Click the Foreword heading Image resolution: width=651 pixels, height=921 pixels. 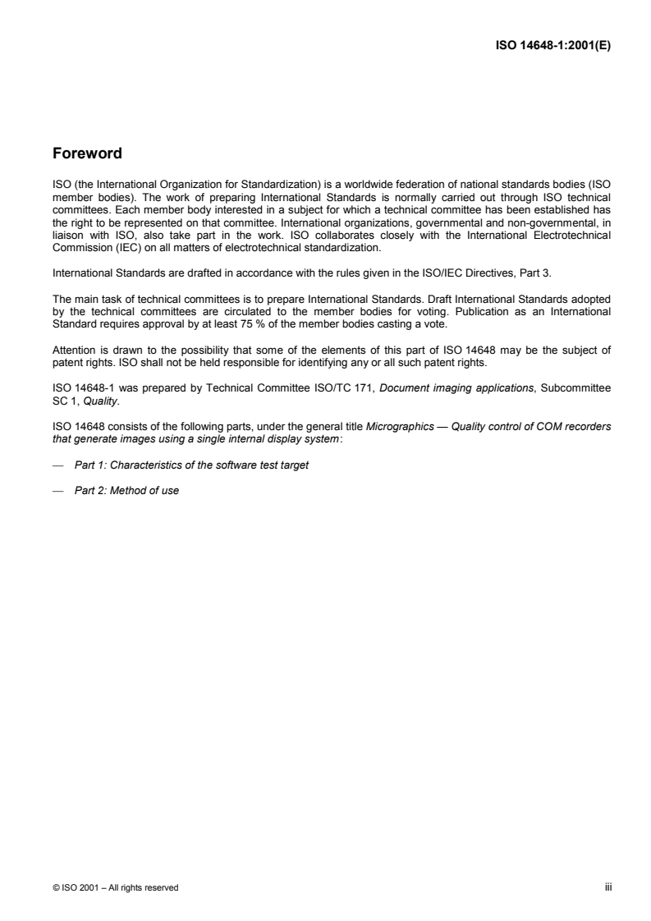tap(87, 153)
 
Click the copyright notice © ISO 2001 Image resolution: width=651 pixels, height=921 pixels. tap(115, 887)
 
